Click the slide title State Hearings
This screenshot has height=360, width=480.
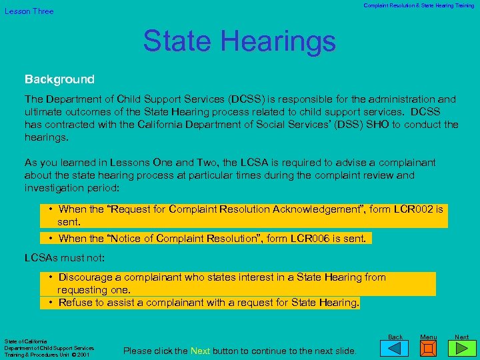point(239,41)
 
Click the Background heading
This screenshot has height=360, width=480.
point(59,79)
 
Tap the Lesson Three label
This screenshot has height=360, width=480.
point(29,11)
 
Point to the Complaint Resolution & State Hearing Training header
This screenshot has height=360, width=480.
point(419,5)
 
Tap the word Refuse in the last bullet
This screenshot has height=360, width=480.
point(75,303)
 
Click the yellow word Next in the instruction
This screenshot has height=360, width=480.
point(200,351)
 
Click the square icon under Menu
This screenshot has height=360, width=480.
point(429,349)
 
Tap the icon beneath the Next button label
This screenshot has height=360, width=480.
point(462,349)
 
